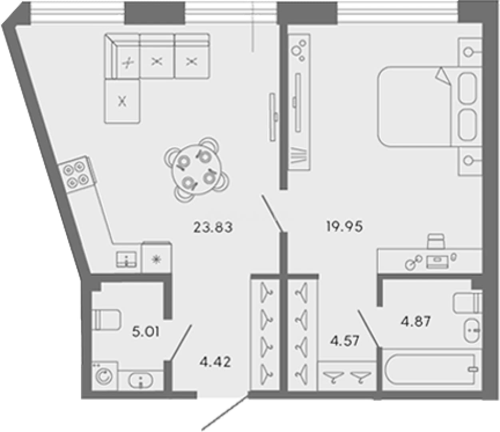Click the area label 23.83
(x=213, y=228)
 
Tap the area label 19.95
(x=345, y=227)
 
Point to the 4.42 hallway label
(x=215, y=362)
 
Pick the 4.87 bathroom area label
(x=416, y=322)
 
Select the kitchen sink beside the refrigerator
(x=127, y=260)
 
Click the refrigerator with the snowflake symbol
(x=157, y=259)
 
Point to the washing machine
(x=105, y=376)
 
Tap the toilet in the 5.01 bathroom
(x=106, y=320)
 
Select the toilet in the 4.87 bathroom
(x=468, y=303)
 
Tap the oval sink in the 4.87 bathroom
(x=472, y=330)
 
